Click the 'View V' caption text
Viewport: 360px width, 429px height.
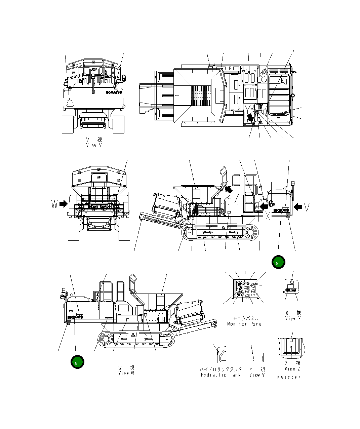(x=94, y=145)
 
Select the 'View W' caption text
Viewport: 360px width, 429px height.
(x=126, y=373)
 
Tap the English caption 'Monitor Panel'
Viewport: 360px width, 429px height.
(x=245, y=324)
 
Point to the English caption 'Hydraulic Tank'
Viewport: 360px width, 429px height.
(x=221, y=375)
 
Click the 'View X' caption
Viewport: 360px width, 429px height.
(x=293, y=318)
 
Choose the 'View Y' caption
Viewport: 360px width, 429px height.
(x=257, y=375)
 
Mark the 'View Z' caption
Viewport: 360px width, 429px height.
(x=292, y=369)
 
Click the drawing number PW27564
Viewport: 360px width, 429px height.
(x=289, y=377)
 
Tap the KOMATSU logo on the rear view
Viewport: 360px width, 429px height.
(x=114, y=92)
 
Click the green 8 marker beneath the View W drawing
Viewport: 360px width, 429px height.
(x=77, y=362)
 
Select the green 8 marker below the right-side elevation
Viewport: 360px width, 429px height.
(x=278, y=262)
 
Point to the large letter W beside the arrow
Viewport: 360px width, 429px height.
(x=54, y=204)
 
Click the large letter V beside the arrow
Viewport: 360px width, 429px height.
(x=307, y=207)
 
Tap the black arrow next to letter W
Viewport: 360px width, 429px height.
(x=63, y=204)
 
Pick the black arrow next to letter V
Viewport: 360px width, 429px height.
(x=297, y=207)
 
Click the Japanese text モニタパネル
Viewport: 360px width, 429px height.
(x=246, y=318)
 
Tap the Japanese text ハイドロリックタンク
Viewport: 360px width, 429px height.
(x=221, y=369)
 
